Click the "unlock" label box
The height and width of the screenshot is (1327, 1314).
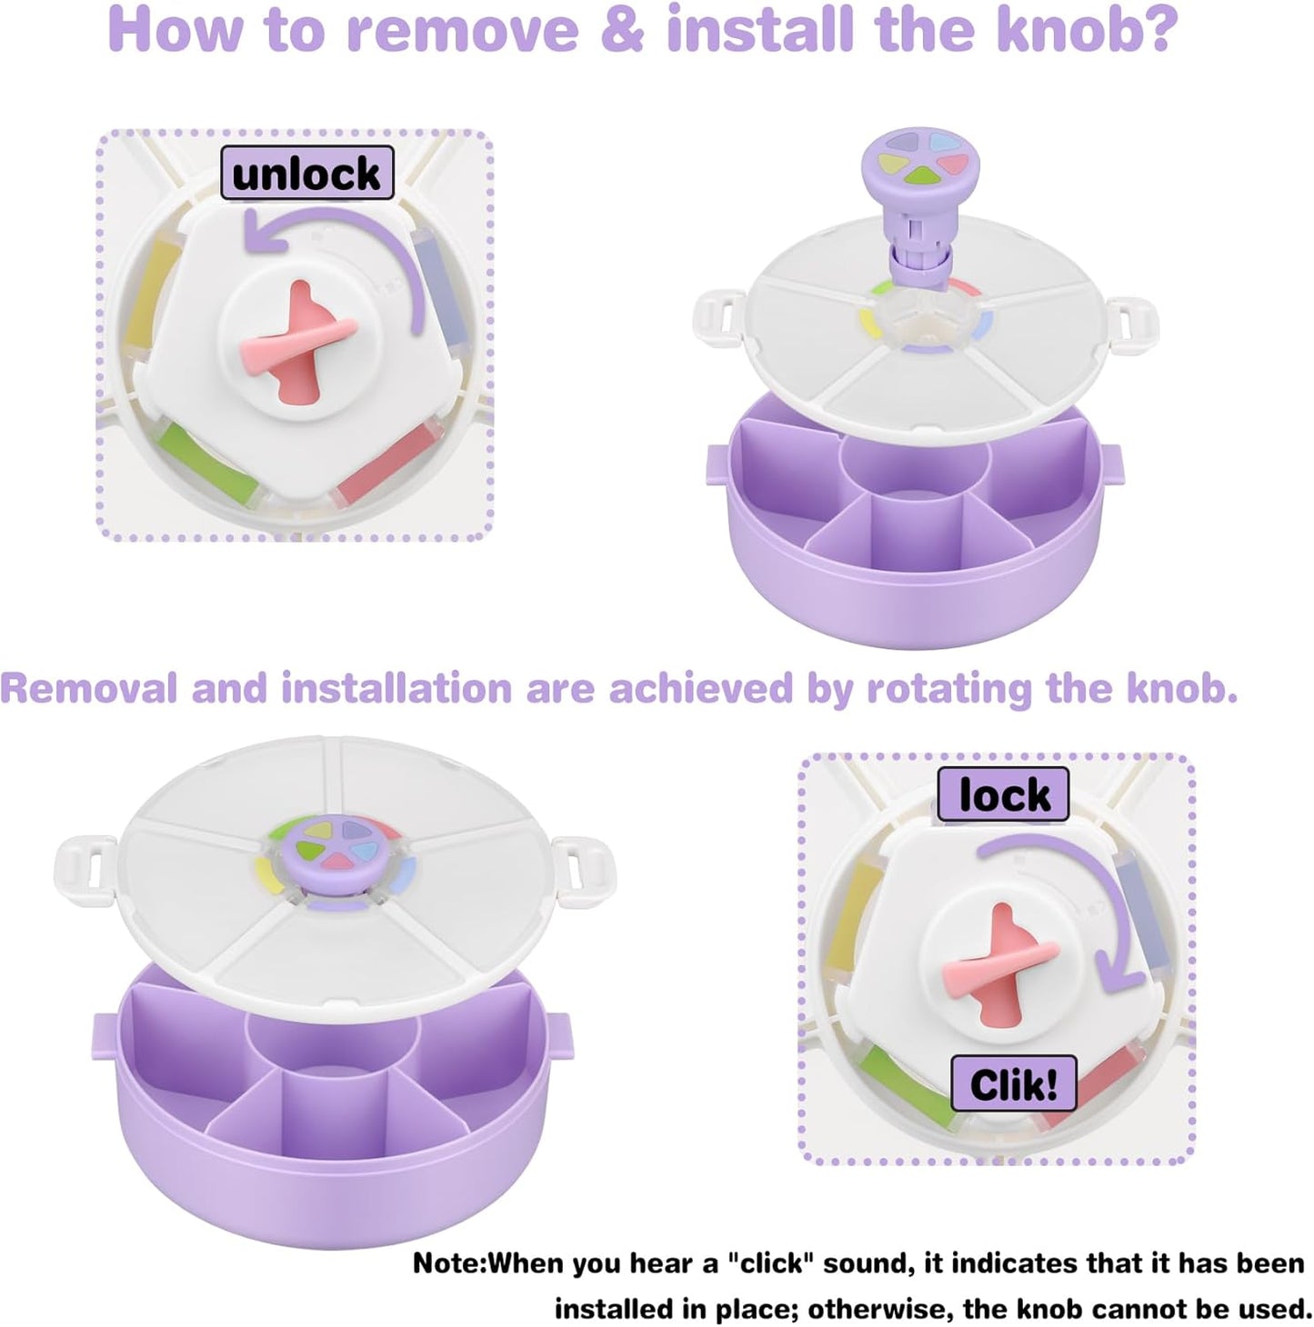(307, 173)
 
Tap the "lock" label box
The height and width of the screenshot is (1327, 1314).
(1004, 795)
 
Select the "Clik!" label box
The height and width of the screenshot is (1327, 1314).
(1013, 1083)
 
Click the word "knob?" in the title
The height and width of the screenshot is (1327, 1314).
(1087, 29)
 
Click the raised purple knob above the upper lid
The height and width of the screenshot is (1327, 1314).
(914, 168)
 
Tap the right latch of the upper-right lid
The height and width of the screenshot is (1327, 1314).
(1128, 324)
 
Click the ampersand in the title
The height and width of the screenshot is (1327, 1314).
(622, 29)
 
